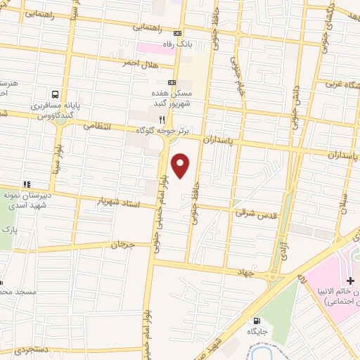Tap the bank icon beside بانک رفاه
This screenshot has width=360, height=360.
click(177, 34)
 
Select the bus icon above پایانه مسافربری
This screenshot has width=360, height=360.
click(54, 94)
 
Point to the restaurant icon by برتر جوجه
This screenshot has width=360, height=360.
click(162, 120)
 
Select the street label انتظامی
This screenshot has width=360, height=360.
click(98, 127)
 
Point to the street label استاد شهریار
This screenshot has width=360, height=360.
click(119, 202)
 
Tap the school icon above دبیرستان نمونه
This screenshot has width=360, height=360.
click(26, 184)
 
